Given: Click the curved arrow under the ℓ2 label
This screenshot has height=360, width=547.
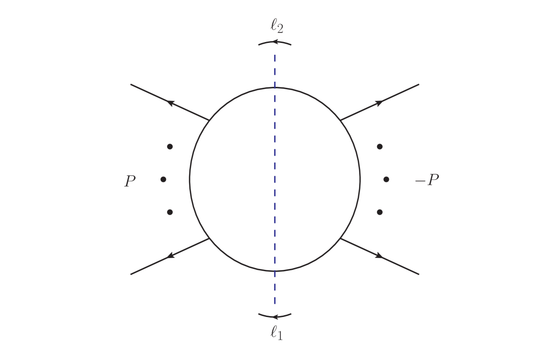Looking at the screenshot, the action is [x=275, y=43].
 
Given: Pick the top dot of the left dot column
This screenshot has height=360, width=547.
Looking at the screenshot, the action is [x=170, y=147].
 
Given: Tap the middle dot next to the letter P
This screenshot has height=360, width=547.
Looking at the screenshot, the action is [x=163, y=179].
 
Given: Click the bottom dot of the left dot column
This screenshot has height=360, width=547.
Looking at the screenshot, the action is [x=170, y=212].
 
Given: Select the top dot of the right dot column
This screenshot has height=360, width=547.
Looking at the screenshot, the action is [x=379, y=147].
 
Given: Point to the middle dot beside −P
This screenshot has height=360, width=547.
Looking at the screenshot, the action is [x=386, y=179].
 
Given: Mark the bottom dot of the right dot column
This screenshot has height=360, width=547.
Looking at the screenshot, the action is [x=379, y=212].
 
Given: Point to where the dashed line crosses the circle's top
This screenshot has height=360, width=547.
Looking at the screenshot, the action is [x=275, y=88].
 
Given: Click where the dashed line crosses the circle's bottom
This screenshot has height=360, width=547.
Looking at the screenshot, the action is [x=275, y=271].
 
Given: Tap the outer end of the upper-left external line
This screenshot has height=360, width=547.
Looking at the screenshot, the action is [x=131, y=84].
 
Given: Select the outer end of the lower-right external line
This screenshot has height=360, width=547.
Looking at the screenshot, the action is [x=418, y=274].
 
